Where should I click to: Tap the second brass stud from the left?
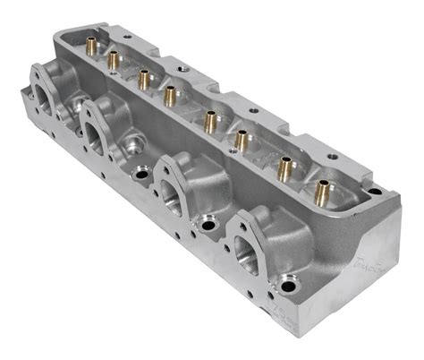[x=114, y=59]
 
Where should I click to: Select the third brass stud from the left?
[x=143, y=78]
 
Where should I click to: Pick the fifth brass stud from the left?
[x=210, y=117]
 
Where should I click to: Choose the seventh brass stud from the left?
[x=287, y=166]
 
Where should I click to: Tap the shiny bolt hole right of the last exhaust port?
[x=288, y=288]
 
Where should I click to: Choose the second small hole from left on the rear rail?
[x=183, y=67]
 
